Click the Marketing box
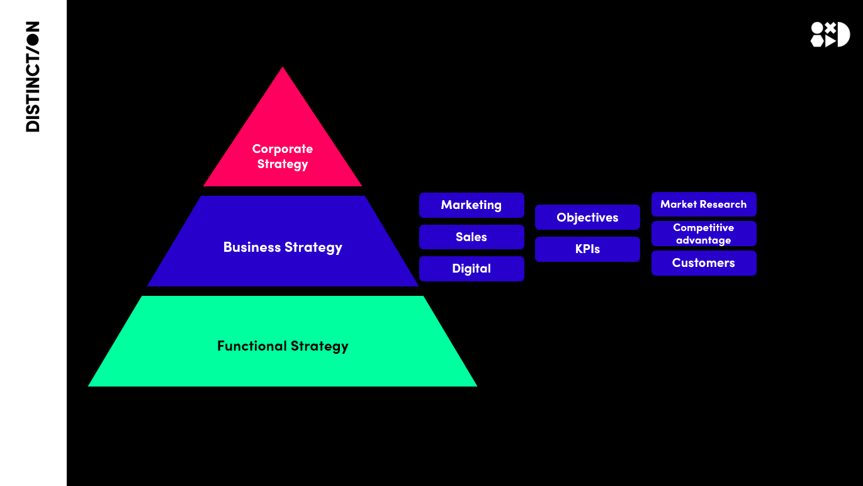(471, 205)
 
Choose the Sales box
(471, 237)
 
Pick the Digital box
(471, 269)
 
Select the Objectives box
(587, 218)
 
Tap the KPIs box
(587, 249)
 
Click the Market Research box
(704, 205)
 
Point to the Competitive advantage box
(704, 234)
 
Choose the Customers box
(704, 263)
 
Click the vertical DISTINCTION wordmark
(33, 77)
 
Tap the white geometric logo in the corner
(830, 35)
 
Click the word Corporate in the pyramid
(283, 149)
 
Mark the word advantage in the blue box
(704, 240)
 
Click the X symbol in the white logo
(830, 27)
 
